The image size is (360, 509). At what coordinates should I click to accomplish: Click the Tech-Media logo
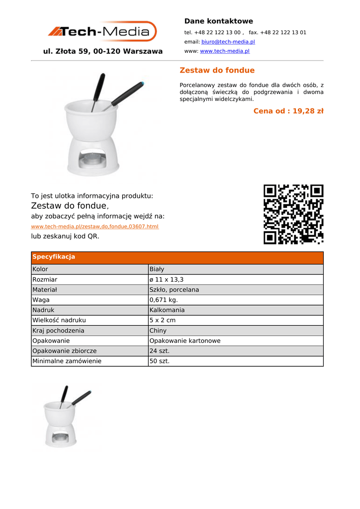102,31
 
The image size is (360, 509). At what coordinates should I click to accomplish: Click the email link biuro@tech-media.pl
228,42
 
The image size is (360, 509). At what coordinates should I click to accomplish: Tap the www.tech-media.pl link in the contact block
224,51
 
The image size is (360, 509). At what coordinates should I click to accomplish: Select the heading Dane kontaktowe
218,21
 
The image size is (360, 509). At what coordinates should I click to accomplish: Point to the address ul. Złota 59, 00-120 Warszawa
103,51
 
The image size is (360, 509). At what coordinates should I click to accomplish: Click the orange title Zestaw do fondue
217,70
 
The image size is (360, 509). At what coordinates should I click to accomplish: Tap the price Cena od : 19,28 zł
288,111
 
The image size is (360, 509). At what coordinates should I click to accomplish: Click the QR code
293,214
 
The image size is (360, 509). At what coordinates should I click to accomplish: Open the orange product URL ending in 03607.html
95,227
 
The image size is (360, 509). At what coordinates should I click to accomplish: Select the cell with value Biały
157,269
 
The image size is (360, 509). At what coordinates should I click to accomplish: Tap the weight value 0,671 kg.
164,300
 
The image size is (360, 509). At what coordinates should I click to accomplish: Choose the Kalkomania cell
167,310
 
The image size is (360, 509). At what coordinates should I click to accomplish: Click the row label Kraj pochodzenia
58,331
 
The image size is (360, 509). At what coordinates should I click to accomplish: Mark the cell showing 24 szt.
160,351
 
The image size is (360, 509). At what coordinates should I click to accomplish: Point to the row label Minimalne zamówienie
67,361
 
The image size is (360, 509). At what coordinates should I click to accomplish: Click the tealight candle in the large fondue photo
91,159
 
